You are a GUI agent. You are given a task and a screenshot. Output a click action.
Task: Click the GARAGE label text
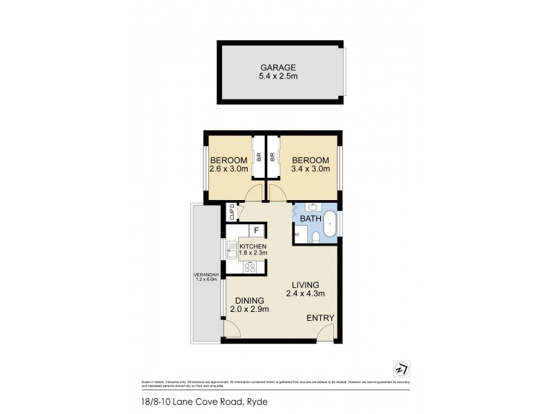tap(278, 68)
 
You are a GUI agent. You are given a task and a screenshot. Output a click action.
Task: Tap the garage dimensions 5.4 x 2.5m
tap(278, 77)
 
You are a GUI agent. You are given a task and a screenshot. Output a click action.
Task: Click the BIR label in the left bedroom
tap(259, 157)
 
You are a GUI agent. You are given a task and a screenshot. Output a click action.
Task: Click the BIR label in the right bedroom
tap(273, 157)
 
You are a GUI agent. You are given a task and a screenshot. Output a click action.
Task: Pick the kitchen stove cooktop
tap(250, 266)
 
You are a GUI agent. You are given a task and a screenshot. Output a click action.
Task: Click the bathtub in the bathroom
tap(330, 224)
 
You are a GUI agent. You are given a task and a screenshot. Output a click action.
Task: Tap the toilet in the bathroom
tap(315, 238)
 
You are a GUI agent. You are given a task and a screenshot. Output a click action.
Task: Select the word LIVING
tap(304, 285)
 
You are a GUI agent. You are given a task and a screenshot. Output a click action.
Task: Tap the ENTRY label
tap(321, 318)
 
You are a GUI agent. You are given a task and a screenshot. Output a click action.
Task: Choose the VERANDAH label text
tap(206, 275)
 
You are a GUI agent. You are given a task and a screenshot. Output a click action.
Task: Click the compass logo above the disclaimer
tap(400, 369)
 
